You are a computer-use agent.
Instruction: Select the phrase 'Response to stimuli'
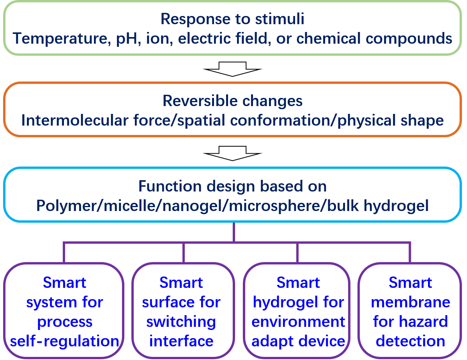[232, 19]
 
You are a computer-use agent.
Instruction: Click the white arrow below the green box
[233, 69]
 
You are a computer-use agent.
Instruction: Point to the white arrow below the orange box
[233, 153]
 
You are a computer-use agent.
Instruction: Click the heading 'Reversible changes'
[232, 101]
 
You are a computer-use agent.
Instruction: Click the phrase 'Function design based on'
[232, 186]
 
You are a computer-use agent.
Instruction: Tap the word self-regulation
[65, 341]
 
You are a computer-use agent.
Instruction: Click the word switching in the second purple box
[181, 322]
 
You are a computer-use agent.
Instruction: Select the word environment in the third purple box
[298, 322]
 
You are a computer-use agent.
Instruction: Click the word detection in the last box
[410, 341]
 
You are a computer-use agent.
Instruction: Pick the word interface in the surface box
[181, 341]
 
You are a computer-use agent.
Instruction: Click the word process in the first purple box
[65, 322]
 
